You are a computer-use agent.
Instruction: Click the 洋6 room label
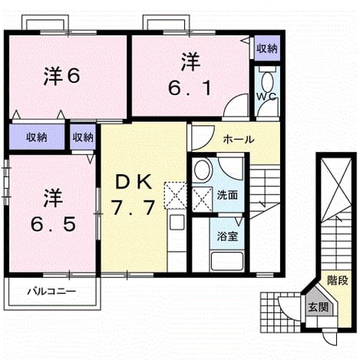pos(61,76)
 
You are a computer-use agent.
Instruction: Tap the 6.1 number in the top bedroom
pos(190,88)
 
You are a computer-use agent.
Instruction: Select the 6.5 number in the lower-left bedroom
pos(53,224)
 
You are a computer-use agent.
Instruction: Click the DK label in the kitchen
pos(134,183)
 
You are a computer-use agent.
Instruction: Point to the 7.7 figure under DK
pos(133,207)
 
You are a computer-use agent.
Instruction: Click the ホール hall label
pos(239,140)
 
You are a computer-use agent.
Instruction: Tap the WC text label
pos(266,96)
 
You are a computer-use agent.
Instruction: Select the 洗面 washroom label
pos(227,195)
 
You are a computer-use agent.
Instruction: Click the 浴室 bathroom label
pos(227,236)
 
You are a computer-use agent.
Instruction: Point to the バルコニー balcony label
pos(51,292)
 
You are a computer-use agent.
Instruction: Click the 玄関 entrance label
pos(318,307)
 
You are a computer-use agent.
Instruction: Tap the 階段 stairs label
pos(338,280)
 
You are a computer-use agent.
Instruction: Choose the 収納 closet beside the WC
pos(267,48)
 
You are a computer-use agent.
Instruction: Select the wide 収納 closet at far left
pos(37,137)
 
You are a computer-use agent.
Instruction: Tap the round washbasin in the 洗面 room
pos(203,170)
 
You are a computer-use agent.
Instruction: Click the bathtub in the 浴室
pos(226,261)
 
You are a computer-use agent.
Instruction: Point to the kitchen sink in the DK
pos(177,223)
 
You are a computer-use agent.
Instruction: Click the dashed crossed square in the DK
pos(176,196)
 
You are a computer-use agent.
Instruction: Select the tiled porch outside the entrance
pos(280,312)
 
